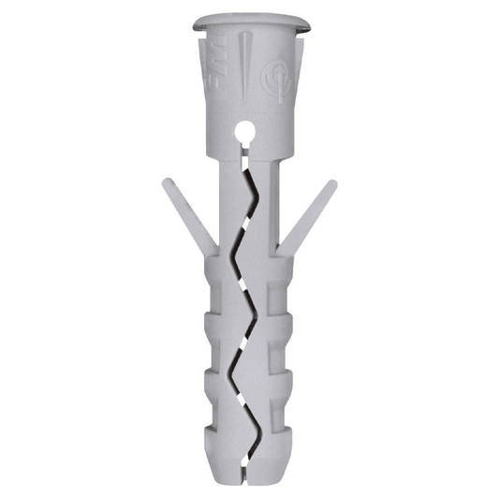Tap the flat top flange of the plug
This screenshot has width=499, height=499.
(x=250, y=22)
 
